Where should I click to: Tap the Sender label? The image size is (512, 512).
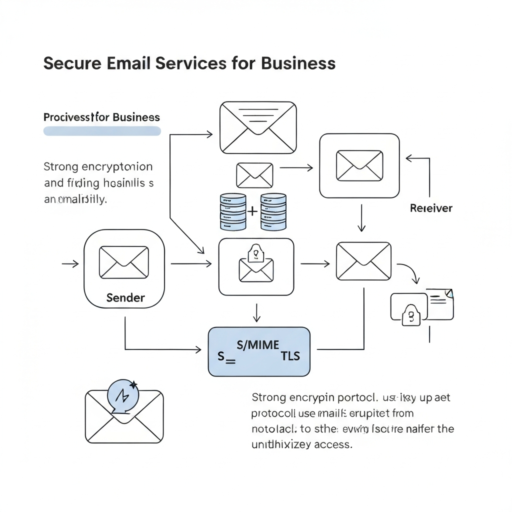click(125, 298)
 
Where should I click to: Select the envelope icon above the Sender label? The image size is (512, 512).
click(124, 262)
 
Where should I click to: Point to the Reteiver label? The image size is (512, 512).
click(431, 208)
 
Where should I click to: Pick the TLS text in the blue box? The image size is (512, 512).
click(290, 355)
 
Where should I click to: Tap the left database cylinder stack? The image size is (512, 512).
click(233, 212)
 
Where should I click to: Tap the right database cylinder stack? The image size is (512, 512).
click(273, 212)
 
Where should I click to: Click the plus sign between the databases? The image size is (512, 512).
click(253, 211)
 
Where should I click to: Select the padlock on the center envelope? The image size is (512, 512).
click(256, 252)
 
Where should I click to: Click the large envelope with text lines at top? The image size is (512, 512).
click(258, 127)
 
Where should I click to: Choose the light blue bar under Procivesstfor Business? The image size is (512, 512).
click(102, 131)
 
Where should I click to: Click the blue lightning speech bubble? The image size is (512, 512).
click(122, 396)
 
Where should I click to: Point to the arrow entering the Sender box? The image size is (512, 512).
click(70, 263)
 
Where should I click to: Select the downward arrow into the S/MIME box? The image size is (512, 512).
click(256, 313)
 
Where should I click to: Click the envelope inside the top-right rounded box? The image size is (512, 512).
click(359, 165)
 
